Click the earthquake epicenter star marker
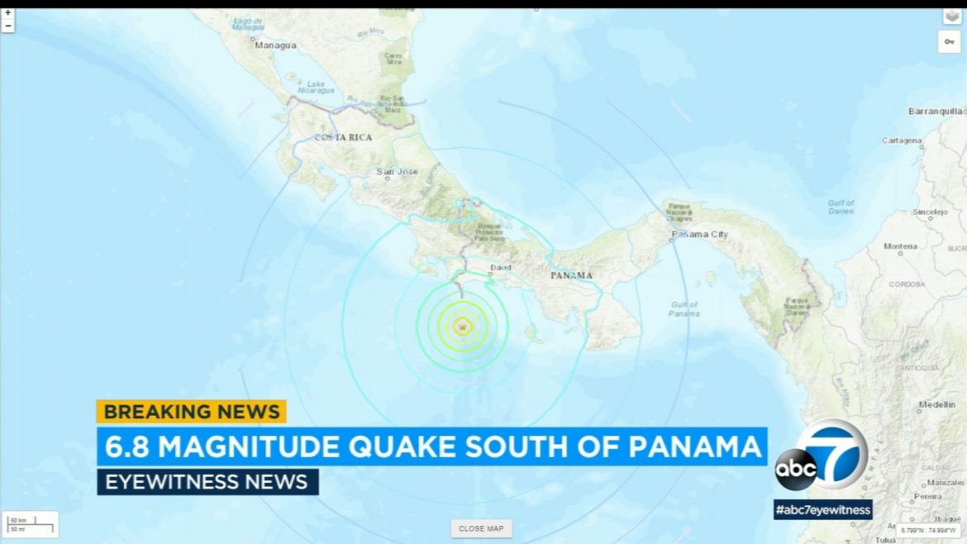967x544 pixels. [x=462, y=327]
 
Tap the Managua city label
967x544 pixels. [x=275, y=45]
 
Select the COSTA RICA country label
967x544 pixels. [x=342, y=137]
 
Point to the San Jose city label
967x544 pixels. [x=397, y=172]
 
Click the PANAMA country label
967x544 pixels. [x=571, y=274]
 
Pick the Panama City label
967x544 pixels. [x=699, y=235]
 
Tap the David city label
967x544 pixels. [x=500, y=267]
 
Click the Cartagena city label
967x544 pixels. [x=901, y=141]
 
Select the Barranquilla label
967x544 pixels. [x=936, y=111]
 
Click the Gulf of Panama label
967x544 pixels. [x=684, y=309]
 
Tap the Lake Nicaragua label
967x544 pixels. [x=316, y=88]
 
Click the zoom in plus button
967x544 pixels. [x=7, y=13]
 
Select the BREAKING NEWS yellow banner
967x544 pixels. [x=191, y=411]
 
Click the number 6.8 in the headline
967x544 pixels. [x=126, y=446]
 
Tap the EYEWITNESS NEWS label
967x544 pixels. [x=207, y=482]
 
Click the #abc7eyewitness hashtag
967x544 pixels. [x=822, y=510]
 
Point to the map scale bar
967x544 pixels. [x=30, y=524]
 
